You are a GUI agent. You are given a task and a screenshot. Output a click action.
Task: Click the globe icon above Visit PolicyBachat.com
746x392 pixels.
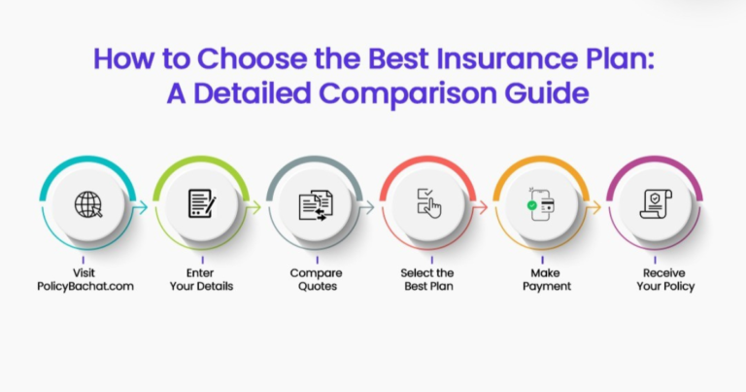click(88, 205)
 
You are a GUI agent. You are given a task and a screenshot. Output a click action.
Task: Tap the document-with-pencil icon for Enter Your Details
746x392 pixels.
click(201, 205)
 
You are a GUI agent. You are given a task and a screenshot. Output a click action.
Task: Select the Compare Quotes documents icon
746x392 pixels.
click(315, 205)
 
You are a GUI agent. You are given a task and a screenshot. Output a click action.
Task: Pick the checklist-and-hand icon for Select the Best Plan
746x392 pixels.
click(427, 205)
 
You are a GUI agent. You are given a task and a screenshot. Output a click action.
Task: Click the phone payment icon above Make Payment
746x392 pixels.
click(541, 205)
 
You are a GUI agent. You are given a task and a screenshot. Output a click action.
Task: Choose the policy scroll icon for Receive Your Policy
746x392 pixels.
click(654, 205)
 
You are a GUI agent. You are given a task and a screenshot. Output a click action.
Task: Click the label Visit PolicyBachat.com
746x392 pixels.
click(88, 280)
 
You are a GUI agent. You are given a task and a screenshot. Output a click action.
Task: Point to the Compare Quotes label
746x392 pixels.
click(315, 280)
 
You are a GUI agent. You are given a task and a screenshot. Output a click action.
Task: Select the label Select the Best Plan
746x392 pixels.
click(427, 280)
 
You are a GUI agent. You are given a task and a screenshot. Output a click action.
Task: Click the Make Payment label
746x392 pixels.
click(541, 280)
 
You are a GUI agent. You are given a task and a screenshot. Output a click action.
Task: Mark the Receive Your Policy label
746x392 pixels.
click(654, 280)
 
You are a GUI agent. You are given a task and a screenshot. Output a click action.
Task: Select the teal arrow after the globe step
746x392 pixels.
click(142, 206)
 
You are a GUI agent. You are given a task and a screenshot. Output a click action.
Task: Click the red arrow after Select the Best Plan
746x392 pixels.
click(481, 206)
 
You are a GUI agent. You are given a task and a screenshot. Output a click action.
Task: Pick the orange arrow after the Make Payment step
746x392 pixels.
click(594, 206)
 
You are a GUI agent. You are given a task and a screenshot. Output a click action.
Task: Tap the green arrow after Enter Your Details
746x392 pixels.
click(254, 206)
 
